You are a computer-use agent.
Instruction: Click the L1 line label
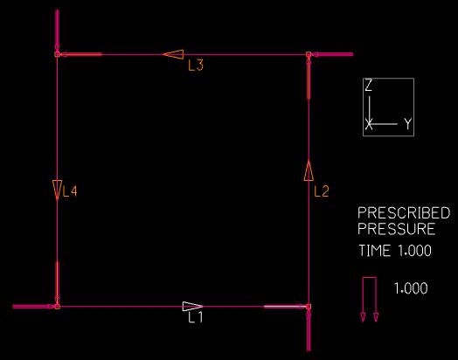point(196,317)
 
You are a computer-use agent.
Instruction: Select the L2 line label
point(322,191)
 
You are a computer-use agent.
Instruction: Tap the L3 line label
point(196,66)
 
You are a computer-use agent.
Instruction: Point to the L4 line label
point(70,191)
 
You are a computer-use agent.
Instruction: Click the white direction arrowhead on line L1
point(192,307)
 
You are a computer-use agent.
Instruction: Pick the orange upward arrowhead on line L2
point(309,170)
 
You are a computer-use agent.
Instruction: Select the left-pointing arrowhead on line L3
point(173,54)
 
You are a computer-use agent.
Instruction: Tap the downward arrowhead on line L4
point(58,190)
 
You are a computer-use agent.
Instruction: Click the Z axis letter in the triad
point(369,86)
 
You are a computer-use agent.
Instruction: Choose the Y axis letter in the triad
point(408,124)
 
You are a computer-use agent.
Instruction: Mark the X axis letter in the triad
point(369,124)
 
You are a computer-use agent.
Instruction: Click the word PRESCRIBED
point(404,213)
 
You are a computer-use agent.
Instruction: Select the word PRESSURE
point(397,229)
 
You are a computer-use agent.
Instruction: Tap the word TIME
point(375,251)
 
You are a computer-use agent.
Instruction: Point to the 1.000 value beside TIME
point(415,251)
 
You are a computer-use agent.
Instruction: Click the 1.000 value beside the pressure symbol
point(411,288)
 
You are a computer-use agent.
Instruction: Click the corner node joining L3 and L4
point(58,54)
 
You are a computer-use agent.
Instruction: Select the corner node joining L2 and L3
point(309,54)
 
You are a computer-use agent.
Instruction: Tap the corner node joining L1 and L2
point(309,307)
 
